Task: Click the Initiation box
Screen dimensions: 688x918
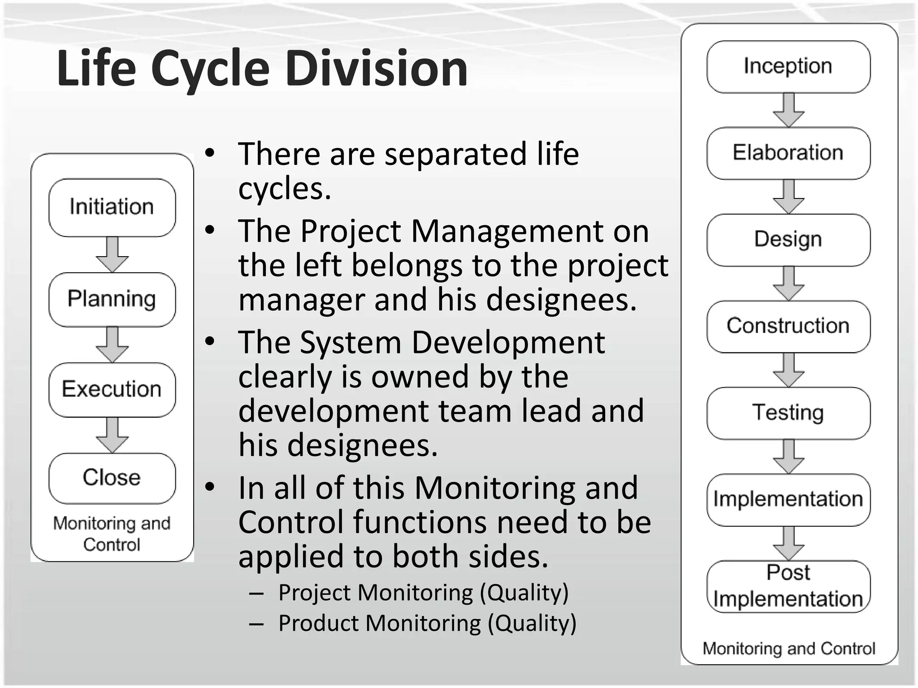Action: pos(112,207)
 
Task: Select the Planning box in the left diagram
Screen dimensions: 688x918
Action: pos(112,299)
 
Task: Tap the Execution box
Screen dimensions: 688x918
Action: pos(112,389)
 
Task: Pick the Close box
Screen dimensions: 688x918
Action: pos(112,478)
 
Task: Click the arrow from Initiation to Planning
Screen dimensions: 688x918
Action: pos(112,254)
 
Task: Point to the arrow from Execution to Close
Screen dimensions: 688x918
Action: pos(112,435)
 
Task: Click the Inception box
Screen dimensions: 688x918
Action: pos(788,67)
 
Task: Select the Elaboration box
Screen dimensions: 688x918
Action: pos(788,153)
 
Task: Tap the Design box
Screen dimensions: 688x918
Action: pos(788,240)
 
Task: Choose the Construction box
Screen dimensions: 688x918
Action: pos(788,326)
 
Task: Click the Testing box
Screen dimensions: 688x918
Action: pos(788,413)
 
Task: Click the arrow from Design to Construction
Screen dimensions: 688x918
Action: pos(788,283)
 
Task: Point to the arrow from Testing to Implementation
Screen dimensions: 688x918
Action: pos(788,456)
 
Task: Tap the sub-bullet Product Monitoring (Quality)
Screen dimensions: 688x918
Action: pos(427,623)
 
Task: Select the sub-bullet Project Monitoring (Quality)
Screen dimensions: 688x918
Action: pos(423,593)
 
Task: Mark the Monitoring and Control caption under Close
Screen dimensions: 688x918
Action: pos(112,534)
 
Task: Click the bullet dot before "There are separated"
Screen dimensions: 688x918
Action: pos(210,154)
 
